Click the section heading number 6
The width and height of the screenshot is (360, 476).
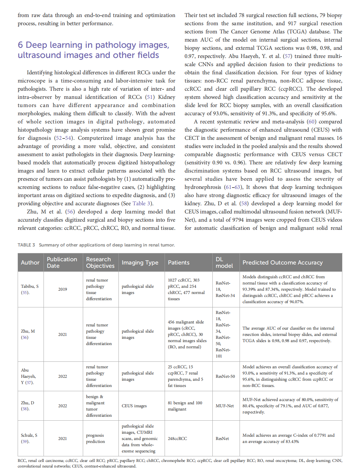pos(20,45)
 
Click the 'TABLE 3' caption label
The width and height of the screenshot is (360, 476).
pos(26,245)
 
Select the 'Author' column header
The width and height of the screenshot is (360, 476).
pos(30,263)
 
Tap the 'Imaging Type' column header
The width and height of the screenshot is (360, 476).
pos(140,263)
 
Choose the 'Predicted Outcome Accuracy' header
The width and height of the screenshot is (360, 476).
pos(282,263)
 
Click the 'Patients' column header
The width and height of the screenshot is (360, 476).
pos(178,263)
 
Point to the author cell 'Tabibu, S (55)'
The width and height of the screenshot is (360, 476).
pos(29,289)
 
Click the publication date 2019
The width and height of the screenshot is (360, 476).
pos(63,289)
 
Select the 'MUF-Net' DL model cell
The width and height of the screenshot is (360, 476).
pos(225,406)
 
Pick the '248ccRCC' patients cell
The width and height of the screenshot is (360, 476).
pos(177,439)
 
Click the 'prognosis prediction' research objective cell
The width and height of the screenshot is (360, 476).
pos(95,439)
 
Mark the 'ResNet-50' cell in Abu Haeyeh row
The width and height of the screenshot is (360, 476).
pos(225,376)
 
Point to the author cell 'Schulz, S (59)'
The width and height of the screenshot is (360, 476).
pos(29,438)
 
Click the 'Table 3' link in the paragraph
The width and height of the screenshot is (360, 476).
pos(141,204)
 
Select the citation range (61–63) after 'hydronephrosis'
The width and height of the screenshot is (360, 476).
pos(233,187)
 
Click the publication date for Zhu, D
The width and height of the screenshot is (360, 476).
pos(63,406)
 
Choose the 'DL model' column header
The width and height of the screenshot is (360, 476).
pos(224,263)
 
